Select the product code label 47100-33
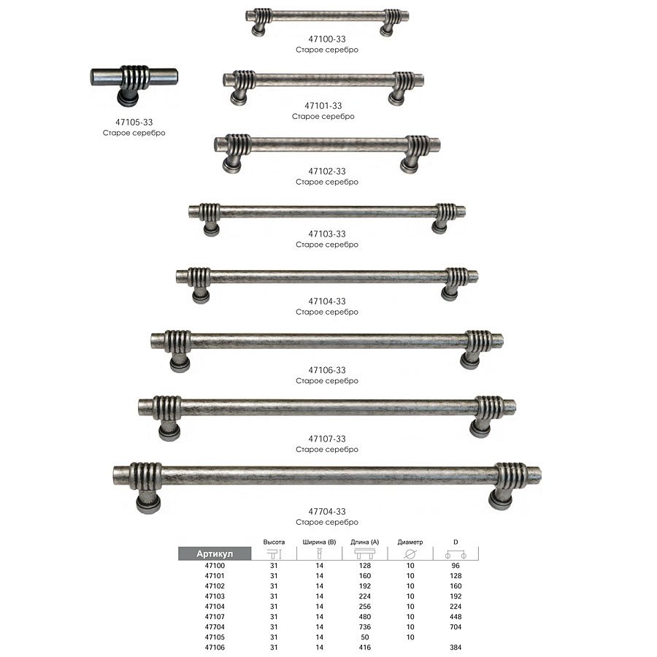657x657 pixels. (x=327, y=39)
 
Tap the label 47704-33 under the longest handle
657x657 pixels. (x=327, y=511)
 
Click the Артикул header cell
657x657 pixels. (x=215, y=553)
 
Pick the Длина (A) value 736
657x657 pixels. (x=364, y=627)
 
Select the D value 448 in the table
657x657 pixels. (x=456, y=617)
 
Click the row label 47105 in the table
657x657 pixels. (x=215, y=637)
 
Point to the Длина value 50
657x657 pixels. (x=364, y=637)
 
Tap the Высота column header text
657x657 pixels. (x=274, y=542)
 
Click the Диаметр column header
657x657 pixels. (x=410, y=542)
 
